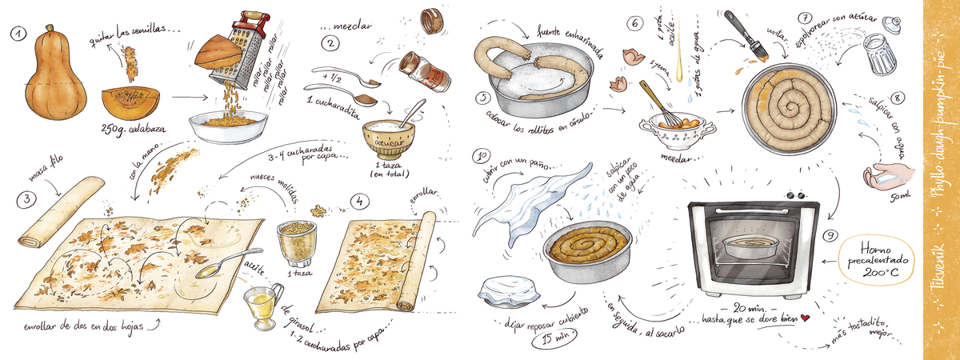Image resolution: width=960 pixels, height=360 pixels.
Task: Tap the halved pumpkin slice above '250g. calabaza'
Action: [x=130, y=101]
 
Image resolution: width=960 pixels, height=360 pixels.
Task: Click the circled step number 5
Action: [x=482, y=98]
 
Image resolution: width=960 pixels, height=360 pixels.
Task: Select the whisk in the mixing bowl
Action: [x=658, y=104]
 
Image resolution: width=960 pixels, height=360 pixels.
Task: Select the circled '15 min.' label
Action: [x=553, y=340]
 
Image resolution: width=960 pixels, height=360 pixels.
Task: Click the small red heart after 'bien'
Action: [x=806, y=318]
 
